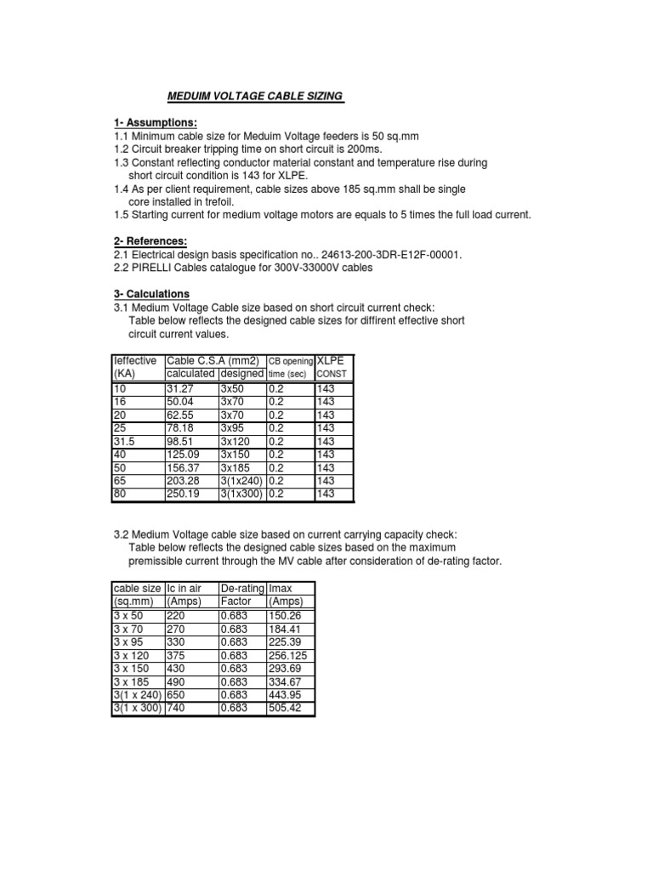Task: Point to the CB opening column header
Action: (x=291, y=362)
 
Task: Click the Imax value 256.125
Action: (x=288, y=655)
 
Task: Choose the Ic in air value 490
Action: (x=176, y=682)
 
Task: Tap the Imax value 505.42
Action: (x=285, y=709)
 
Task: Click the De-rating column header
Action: (x=241, y=588)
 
